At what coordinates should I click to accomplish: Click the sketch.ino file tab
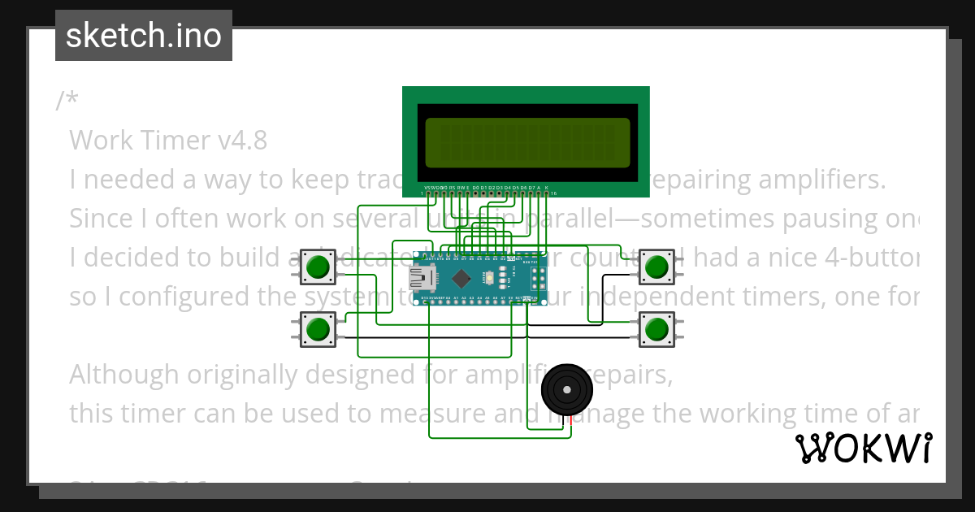(144, 36)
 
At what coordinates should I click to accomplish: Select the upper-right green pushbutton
(656, 267)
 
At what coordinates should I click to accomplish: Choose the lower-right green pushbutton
(656, 329)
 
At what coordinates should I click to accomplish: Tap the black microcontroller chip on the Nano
(461, 278)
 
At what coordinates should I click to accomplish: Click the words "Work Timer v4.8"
(168, 141)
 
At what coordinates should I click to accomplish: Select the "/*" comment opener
(67, 101)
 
